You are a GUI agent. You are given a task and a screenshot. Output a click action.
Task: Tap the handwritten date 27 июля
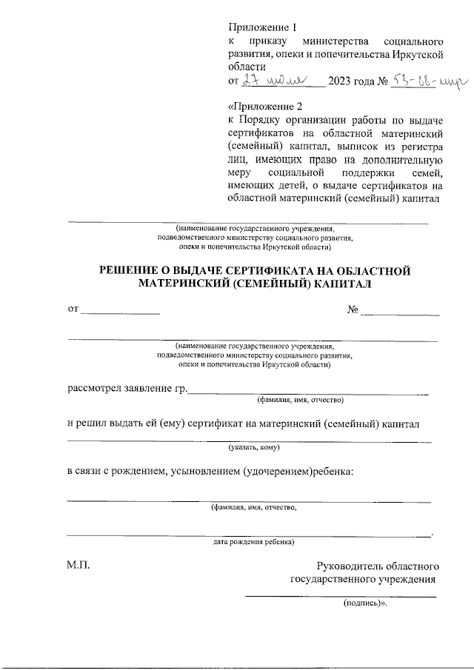pos(276,80)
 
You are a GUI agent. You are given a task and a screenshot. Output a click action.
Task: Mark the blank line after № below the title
pos(399,313)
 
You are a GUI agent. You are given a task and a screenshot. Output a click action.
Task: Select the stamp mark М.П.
pos(77,565)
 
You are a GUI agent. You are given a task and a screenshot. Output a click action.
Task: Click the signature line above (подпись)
pos(341,595)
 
